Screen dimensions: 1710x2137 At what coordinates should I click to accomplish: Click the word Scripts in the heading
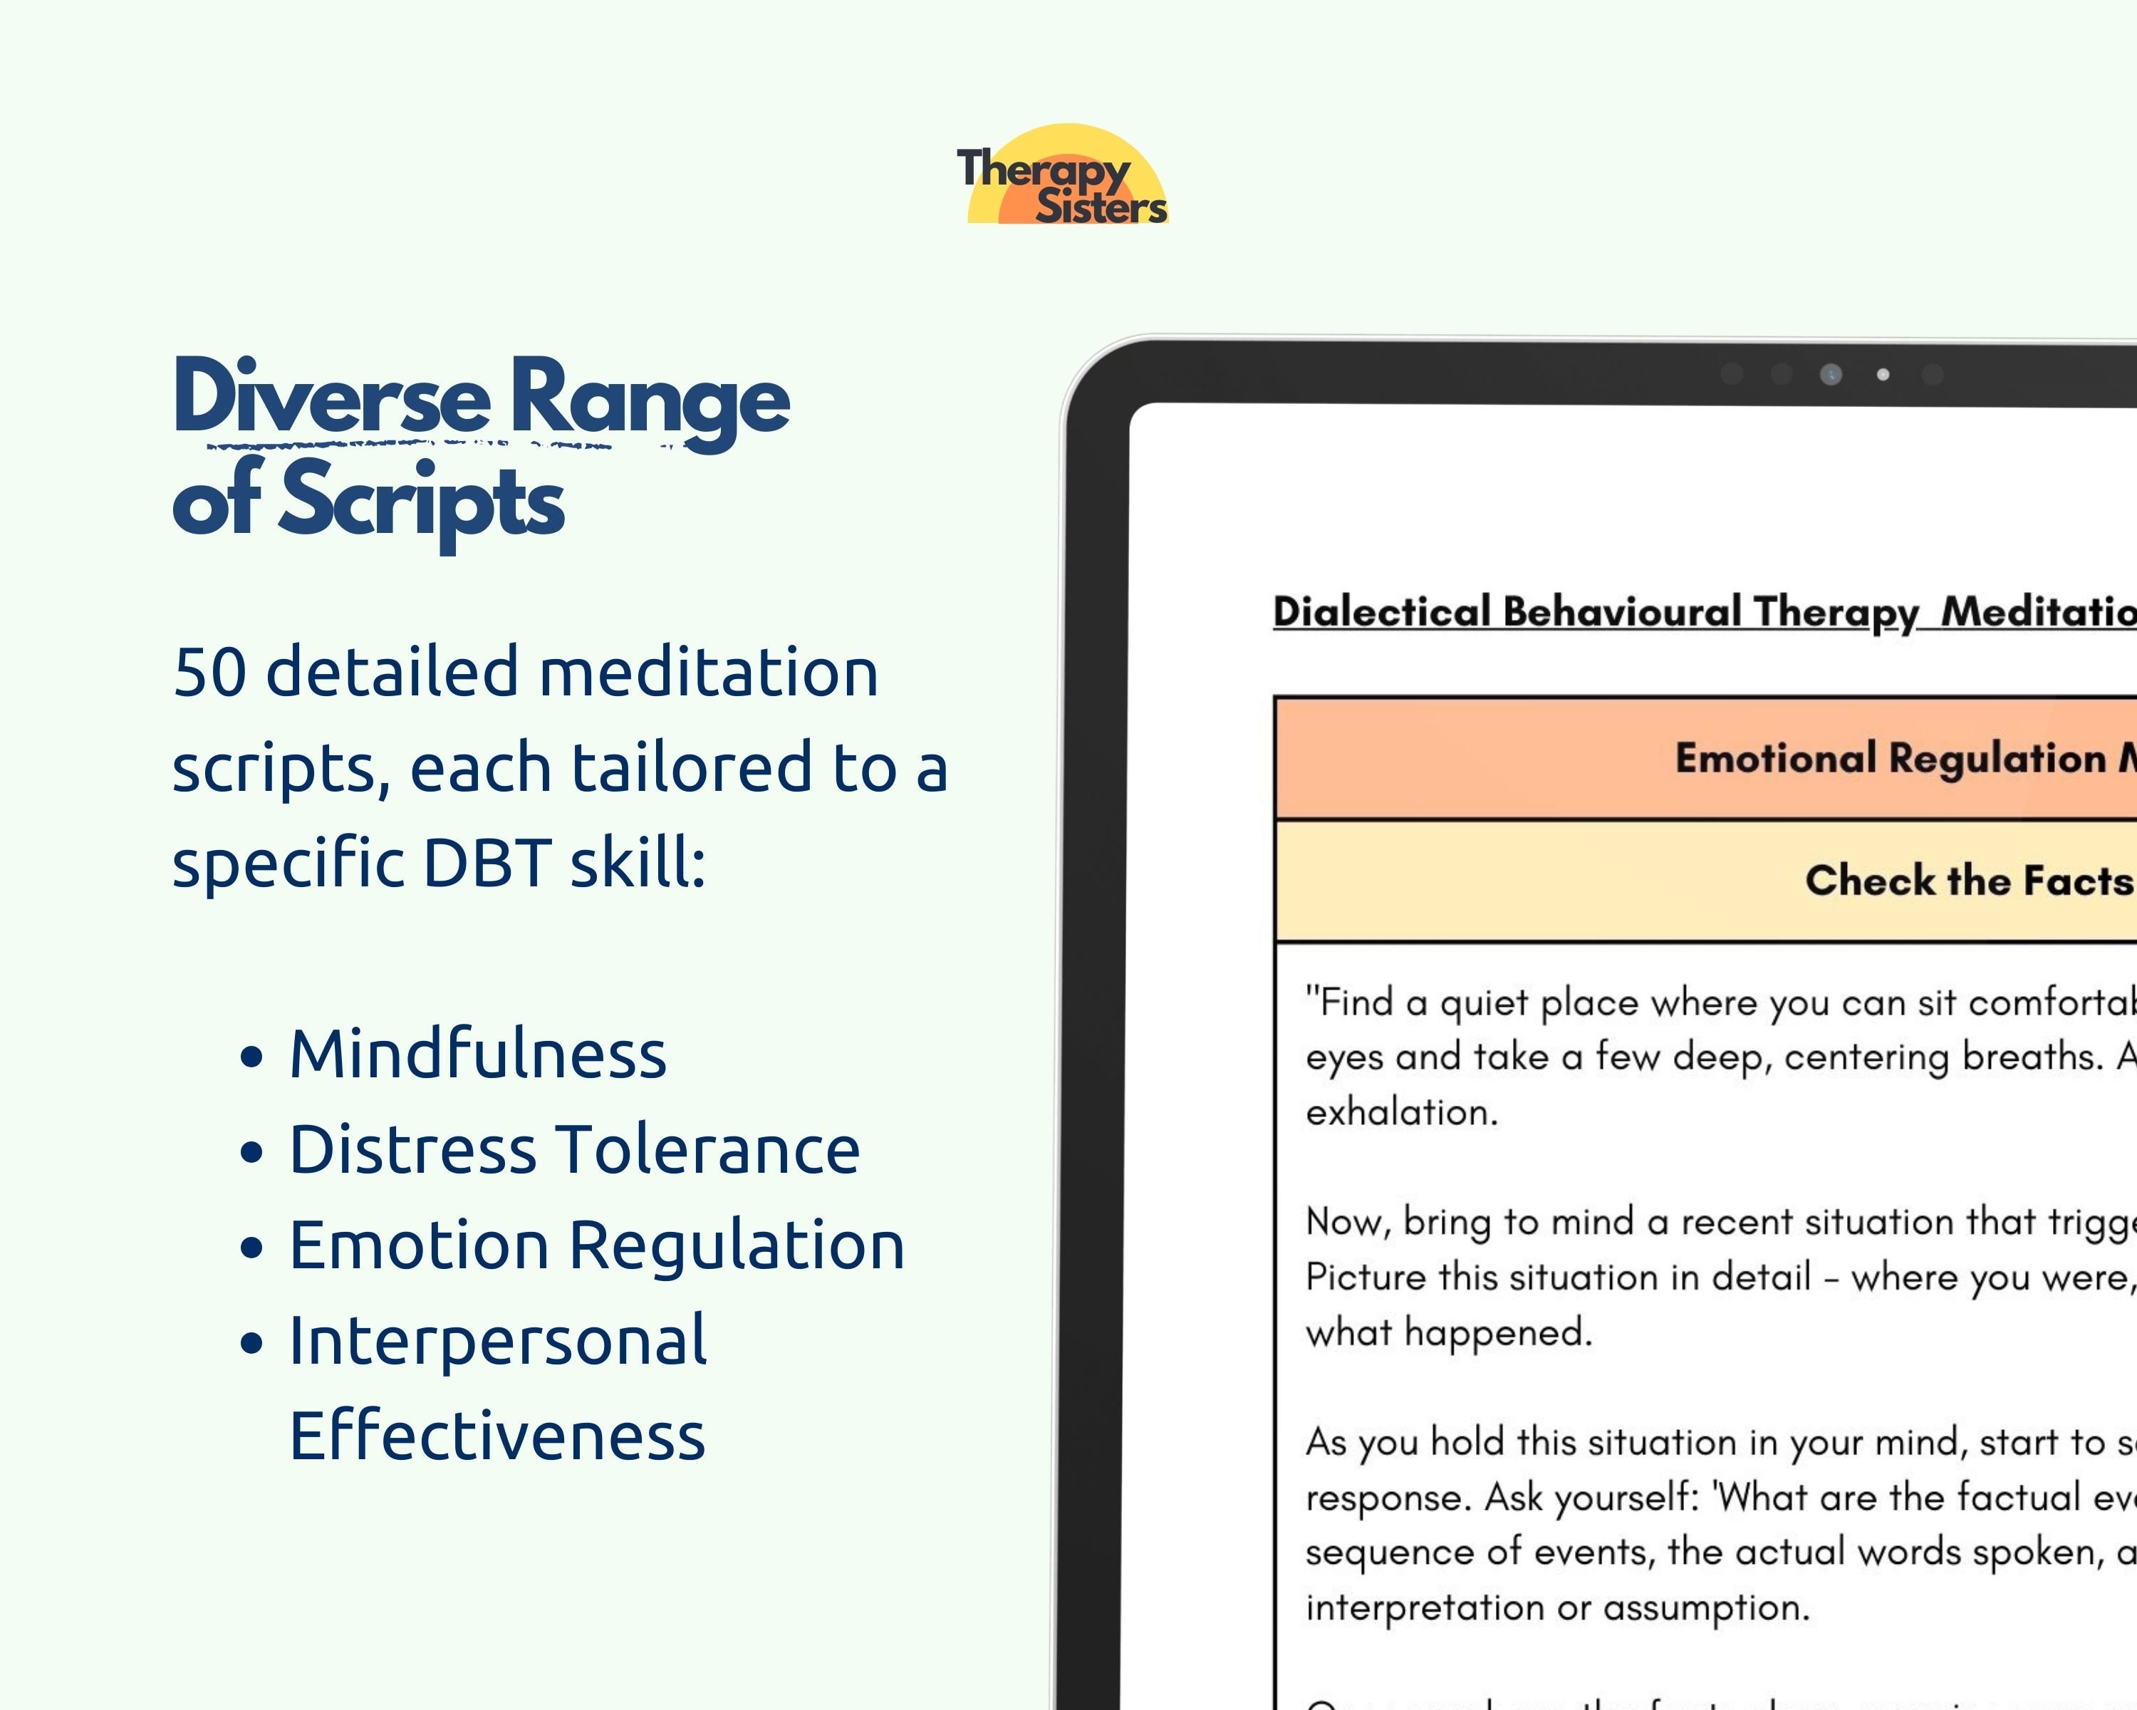tap(421, 501)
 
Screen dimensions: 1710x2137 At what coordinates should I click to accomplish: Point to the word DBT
tap(487, 862)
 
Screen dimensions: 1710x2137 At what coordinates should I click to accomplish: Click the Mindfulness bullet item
tap(477, 1054)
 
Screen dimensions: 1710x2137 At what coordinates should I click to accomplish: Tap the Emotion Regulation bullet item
tap(596, 1245)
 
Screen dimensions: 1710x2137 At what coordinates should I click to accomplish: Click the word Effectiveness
tap(496, 1436)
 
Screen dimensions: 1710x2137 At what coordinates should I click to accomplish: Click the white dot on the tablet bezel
tap(1882, 375)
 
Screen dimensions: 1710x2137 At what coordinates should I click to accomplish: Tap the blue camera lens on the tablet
tap(1831, 375)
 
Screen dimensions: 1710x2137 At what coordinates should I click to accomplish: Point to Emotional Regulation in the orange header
tap(1889, 758)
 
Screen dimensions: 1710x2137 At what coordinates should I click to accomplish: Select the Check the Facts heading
tap(1967, 880)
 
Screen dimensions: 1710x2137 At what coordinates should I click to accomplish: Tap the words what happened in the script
tap(1447, 1332)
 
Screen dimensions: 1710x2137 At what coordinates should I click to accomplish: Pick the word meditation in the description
tap(709, 672)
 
